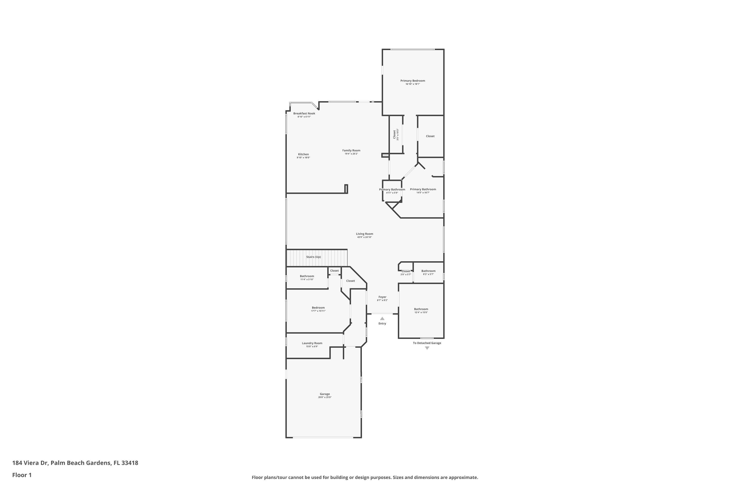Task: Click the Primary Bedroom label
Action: click(412, 81)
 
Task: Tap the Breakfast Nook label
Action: click(304, 113)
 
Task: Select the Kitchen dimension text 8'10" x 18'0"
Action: click(303, 158)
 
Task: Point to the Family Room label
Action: click(351, 150)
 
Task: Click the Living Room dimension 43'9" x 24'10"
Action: click(364, 237)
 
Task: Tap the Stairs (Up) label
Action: click(313, 257)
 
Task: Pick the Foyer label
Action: click(382, 297)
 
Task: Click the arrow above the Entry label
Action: click(382, 318)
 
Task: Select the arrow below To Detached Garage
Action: click(427, 348)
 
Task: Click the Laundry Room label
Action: click(312, 343)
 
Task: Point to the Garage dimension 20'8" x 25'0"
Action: click(325, 397)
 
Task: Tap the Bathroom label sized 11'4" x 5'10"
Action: click(307, 276)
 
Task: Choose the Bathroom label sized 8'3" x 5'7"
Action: click(428, 271)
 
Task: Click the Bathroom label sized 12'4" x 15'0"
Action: click(421, 309)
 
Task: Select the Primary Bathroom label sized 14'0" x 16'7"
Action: click(423, 189)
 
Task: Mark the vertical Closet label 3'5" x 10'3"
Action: click(394, 134)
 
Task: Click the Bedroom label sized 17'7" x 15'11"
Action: click(318, 308)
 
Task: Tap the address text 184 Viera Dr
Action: click(30, 463)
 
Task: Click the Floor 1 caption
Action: click(22, 475)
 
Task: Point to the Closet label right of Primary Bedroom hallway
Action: click(430, 136)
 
